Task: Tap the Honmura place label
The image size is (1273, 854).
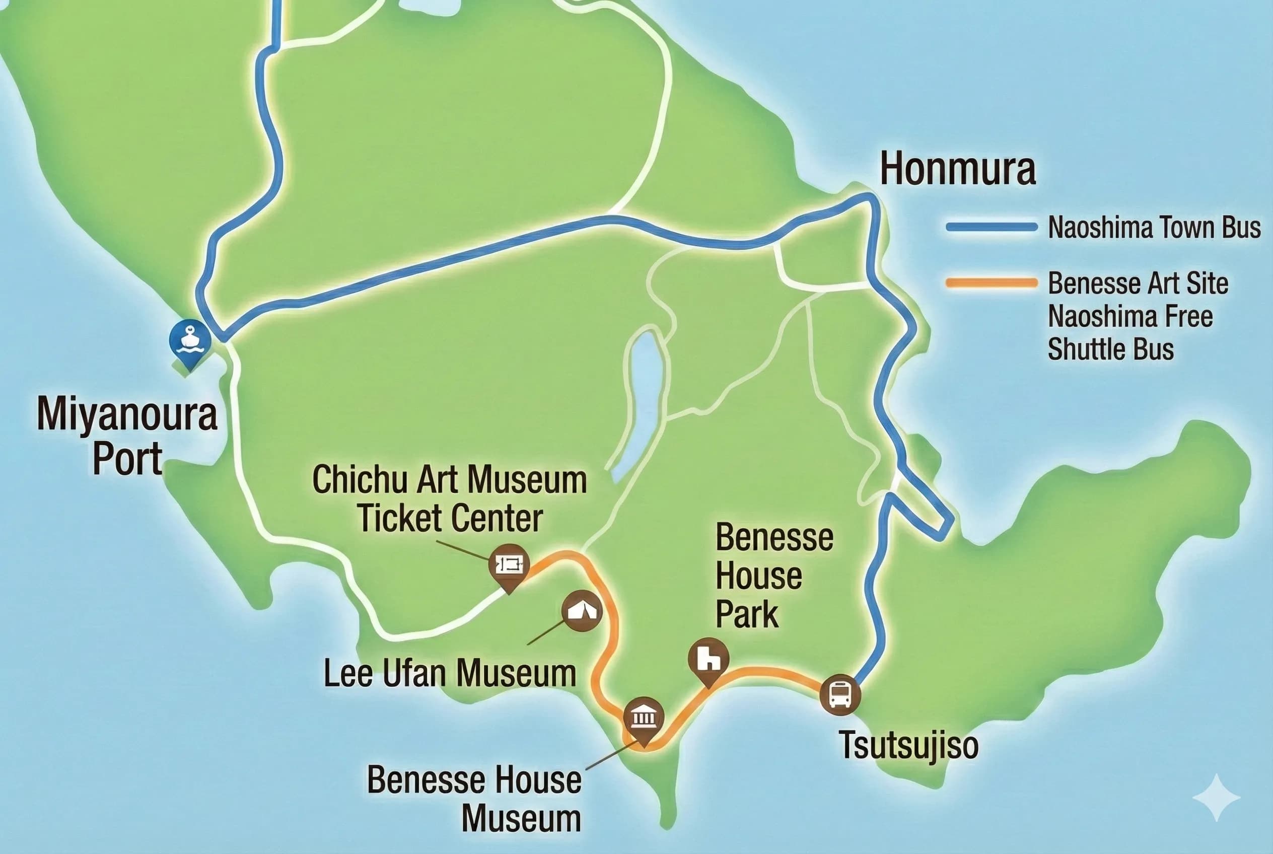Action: point(957,169)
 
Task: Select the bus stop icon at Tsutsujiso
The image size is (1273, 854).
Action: point(839,694)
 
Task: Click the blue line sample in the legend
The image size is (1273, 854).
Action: point(991,227)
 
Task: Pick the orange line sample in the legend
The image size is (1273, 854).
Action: point(991,283)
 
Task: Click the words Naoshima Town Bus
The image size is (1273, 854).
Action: point(1154,228)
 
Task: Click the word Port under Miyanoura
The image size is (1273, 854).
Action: point(127,459)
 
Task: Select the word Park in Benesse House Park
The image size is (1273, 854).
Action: point(746,615)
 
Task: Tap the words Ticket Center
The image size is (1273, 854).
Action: point(450,518)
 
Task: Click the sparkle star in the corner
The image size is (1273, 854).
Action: point(1216,798)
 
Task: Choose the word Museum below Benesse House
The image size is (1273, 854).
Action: point(521,819)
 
